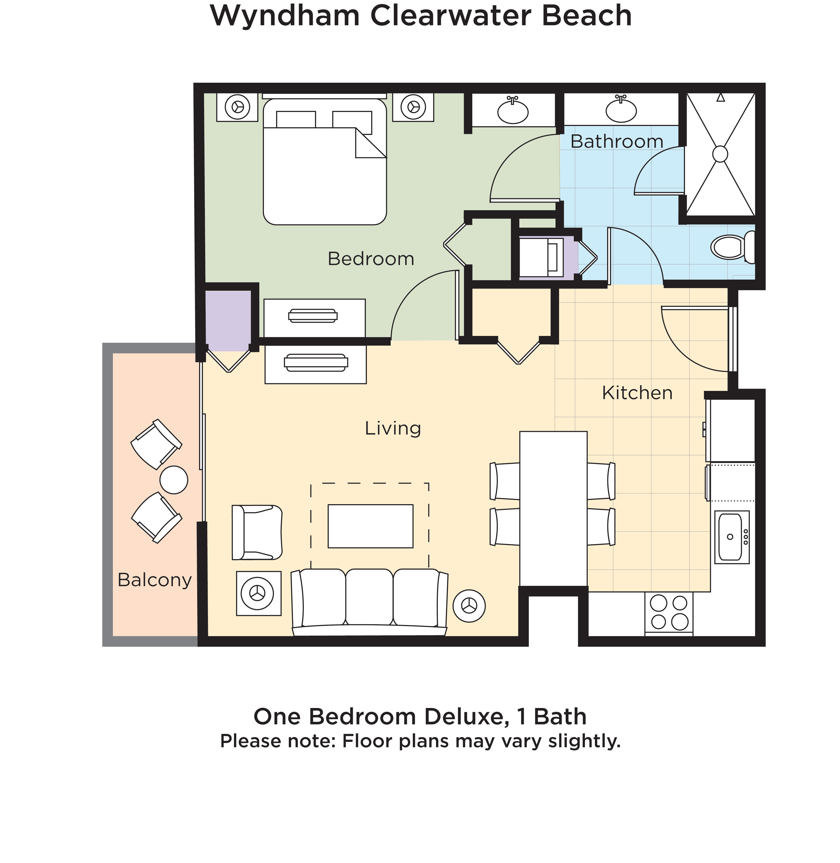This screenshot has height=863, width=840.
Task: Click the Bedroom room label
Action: coord(371,259)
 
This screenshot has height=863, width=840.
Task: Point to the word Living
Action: coord(393,428)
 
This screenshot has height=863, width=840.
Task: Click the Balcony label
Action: coord(154,580)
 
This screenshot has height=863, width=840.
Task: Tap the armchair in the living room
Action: coord(257,532)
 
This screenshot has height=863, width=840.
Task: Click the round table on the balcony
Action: coord(174,480)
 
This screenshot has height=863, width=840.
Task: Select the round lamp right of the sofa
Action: coord(469,606)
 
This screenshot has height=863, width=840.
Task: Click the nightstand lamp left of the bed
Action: coord(237,107)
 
